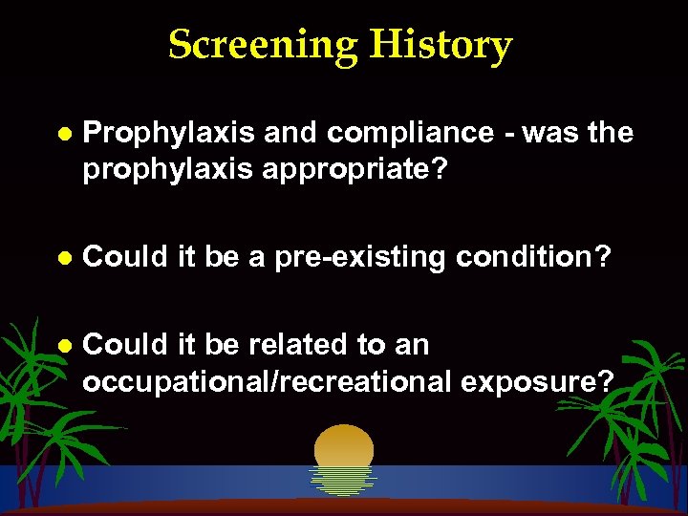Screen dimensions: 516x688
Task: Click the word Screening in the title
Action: (x=264, y=45)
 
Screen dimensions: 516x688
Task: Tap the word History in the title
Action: (x=441, y=45)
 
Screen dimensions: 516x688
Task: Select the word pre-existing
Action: (x=359, y=258)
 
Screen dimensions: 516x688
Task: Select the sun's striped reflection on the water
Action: (x=343, y=480)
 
